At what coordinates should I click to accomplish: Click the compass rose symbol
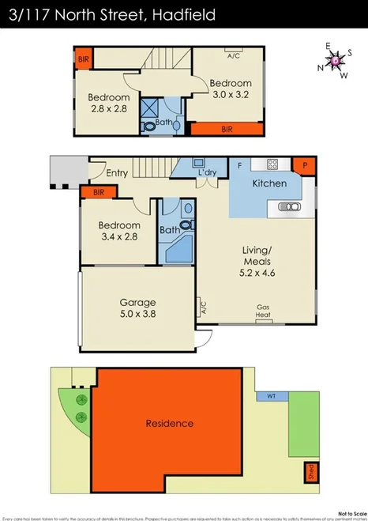[336, 60]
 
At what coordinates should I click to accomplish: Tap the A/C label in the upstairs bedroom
[234, 56]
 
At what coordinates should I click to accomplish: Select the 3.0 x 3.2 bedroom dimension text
[230, 94]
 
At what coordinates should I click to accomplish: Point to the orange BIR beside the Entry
[99, 191]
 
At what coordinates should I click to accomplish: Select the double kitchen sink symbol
[289, 206]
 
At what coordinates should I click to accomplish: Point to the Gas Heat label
[263, 311]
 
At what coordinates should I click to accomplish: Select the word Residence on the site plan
[169, 424]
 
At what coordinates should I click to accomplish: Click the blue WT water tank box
[271, 395]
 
